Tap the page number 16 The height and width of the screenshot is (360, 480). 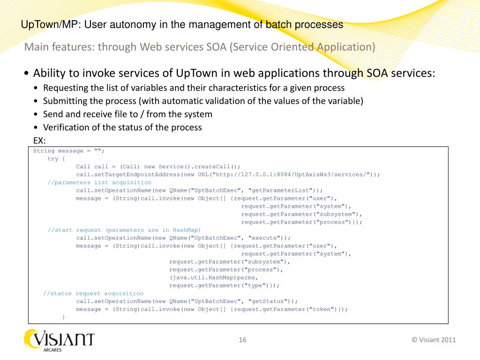click(x=242, y=340)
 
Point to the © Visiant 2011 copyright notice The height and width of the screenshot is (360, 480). click(x=433, y=340)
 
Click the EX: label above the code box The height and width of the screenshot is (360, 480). click(x=39, y=140)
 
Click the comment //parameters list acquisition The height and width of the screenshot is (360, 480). click(x=99, y=182)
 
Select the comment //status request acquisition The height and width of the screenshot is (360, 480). click(x=87, y=293)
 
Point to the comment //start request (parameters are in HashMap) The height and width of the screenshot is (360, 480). click(x=124, y=230)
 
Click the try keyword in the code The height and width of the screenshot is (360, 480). click(x=52, y=159)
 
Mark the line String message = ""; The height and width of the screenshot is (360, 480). click(x=68, y=151)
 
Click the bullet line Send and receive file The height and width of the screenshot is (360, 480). click(x=127, y=114)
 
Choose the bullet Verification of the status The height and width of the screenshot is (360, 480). click(x=122, y=127)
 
